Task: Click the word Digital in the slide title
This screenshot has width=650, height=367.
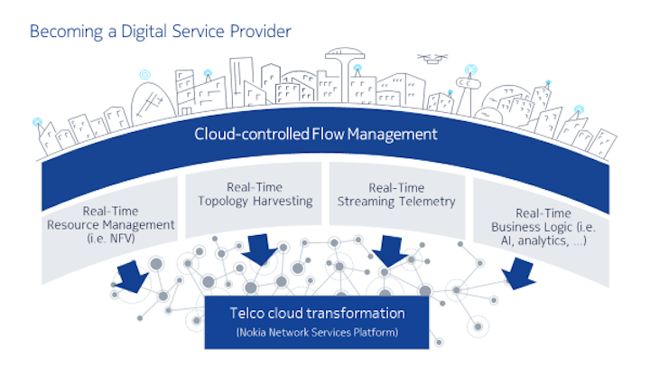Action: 144,32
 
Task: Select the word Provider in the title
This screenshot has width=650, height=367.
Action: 261,31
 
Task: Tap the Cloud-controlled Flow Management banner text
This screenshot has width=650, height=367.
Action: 316,134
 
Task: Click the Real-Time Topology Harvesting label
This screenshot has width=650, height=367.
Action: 255,193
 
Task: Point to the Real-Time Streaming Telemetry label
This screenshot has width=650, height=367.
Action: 396,194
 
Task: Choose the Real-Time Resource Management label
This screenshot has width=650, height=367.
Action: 111,224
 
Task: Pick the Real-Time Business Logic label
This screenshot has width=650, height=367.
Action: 543,227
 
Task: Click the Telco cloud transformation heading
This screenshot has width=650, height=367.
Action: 317,313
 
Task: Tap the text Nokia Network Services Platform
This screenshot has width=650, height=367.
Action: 317,332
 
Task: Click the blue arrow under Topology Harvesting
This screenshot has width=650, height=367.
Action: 259,249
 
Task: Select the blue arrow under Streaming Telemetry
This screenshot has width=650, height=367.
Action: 390,251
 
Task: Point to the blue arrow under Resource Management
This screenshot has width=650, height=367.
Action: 132,276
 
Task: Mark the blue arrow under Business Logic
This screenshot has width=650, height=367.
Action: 518,274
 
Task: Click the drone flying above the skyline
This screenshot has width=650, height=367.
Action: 432,59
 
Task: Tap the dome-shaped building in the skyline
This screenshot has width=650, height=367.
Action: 153,102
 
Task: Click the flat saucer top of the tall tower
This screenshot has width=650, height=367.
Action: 345,54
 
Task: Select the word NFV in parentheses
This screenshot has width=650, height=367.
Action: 122,239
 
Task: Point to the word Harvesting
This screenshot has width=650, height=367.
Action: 283,201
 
